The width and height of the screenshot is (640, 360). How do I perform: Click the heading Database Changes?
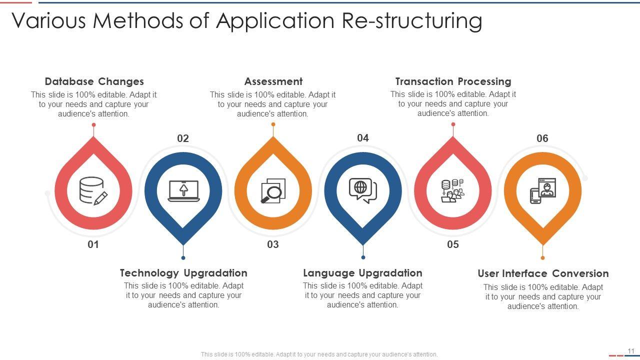point(94,81)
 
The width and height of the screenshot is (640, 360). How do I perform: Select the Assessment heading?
point(273,81)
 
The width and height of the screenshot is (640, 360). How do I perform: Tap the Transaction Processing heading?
point(453,81)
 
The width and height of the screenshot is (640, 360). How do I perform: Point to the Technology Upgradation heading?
point(183,273)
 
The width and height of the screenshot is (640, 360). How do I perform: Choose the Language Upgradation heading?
point(362,273)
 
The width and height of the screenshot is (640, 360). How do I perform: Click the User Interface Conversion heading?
point(543,273)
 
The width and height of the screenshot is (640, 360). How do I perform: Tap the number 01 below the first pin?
point(93,244)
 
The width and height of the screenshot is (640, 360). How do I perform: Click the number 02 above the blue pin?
point(183,138)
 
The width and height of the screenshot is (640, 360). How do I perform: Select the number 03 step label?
point(273,244)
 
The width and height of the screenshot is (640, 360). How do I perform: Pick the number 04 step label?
point(363,138)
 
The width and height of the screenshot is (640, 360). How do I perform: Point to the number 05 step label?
point(453,244)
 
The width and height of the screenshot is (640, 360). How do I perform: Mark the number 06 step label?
point(542,138)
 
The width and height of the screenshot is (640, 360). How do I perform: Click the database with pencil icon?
point(93,191)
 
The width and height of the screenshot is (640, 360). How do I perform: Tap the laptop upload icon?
point(183,191)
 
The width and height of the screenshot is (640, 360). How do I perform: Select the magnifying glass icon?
point(273,191)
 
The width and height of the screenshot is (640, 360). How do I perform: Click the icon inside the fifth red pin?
point(452,191)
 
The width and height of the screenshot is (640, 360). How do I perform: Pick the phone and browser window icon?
point(543,191)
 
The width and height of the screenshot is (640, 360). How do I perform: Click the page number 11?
point(631,351)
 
